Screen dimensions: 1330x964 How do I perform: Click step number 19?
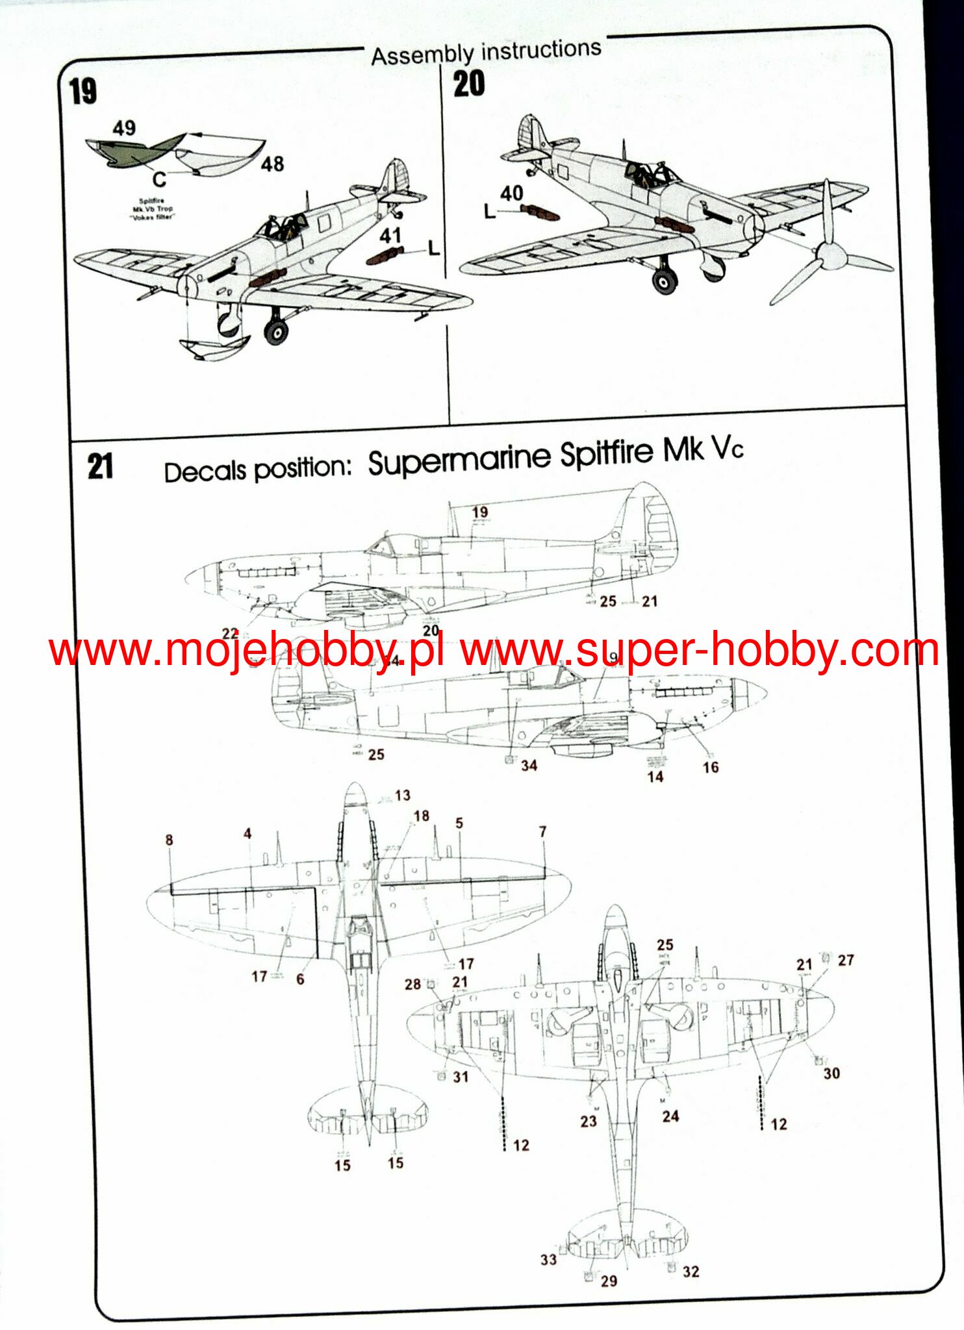tap(83, 91)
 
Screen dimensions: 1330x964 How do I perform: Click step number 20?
tap(468, 84)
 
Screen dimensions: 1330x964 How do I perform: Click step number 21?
tap(100, 466)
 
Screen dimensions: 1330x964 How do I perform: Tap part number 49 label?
tap(124, 128)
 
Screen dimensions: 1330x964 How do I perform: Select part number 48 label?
tap(272, 164)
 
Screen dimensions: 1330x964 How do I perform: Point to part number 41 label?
tap(390, 235)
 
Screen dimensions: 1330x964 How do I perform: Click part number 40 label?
tap(512, 193)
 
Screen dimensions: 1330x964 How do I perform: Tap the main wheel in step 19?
tap(276, 332)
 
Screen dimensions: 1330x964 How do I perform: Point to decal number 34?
tap(529, 766)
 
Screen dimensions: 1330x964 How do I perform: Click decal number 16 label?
tap(711, 767)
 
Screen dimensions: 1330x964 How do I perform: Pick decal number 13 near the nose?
tap(402, 796)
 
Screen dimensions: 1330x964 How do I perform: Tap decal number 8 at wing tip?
tap(169, 840)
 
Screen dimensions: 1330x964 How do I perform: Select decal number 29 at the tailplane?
tap(609, 1281)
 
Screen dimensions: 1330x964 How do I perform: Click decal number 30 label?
tap(831, 1073)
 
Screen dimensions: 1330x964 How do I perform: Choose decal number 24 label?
tap(670, 1116)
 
